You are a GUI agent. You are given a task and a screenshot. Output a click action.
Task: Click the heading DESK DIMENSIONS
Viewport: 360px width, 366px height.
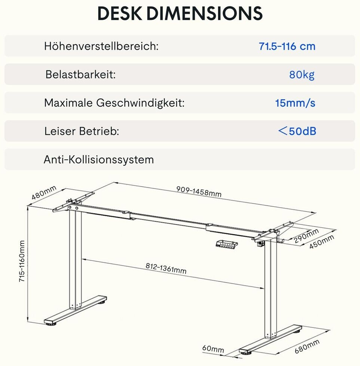180,14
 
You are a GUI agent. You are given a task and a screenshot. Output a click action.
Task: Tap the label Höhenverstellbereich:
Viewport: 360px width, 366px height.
101,46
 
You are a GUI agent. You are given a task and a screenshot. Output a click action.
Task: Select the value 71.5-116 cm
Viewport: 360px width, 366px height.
287,46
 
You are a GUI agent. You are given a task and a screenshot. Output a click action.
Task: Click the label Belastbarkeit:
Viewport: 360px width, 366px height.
80,74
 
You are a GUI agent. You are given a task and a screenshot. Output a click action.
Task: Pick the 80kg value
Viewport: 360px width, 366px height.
302,75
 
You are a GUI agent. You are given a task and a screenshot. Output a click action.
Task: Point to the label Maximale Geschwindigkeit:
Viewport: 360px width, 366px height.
114,103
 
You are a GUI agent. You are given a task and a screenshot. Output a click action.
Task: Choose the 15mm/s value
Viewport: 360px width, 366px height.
295,103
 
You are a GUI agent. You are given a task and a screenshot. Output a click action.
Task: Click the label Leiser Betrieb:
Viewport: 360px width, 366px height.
81,131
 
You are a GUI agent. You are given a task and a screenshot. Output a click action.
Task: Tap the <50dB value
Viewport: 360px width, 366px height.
297,131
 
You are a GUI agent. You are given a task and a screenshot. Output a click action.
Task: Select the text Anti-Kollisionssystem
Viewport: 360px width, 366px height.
99,160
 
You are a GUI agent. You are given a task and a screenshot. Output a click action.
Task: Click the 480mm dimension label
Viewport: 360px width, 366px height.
44,193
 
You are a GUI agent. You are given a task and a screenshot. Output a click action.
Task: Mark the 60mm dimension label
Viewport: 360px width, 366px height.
213,349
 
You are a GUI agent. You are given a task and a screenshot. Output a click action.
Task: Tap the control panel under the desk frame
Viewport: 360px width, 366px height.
226,244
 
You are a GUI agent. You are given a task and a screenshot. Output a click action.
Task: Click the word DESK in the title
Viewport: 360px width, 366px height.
120,14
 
